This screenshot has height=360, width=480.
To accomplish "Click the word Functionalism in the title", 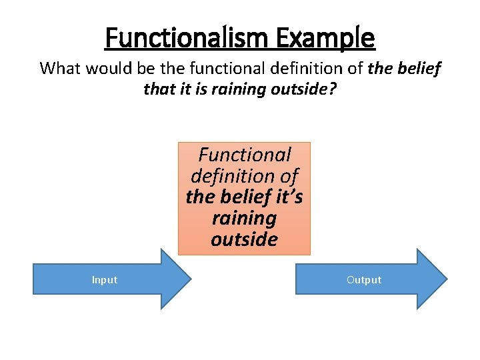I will click(177, 37).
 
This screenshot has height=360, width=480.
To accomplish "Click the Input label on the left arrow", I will click(105, 280).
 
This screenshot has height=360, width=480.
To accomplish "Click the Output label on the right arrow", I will click(364, 280).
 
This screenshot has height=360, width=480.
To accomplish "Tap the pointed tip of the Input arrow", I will click(190, 279).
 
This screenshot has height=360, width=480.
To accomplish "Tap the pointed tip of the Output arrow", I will click(446, 279).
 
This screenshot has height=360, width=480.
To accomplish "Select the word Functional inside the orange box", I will click(245, 155).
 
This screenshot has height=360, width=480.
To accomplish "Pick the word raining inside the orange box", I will click(244, 218).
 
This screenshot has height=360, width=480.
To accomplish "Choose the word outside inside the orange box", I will click(244, 239).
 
